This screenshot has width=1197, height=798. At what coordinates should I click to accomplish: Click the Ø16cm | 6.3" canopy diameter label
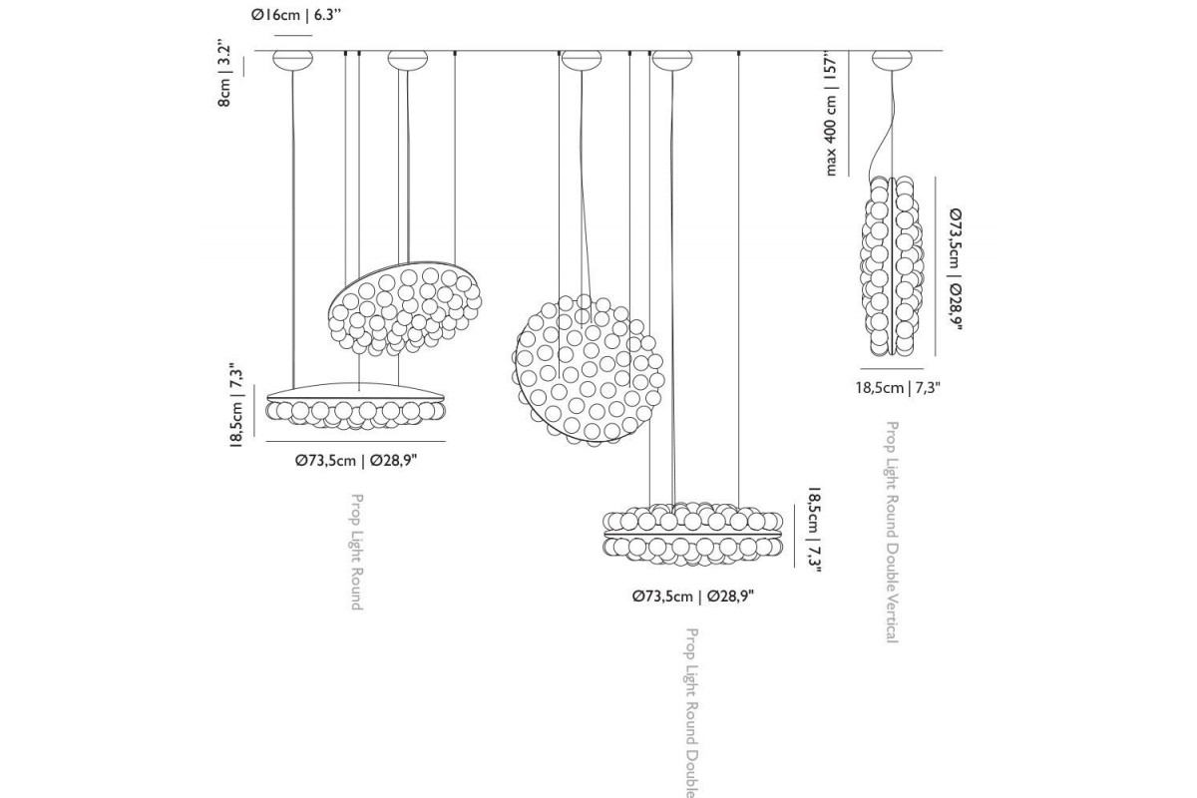click(x=296, y=15)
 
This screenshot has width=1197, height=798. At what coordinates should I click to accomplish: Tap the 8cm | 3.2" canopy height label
click(x=224, y=76)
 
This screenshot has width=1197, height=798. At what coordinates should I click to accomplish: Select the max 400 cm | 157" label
click(x=830, y=114)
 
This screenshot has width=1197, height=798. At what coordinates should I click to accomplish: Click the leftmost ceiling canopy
click(x=293, y=60)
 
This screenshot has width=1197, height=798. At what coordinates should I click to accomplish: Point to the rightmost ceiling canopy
click(x=892, y=60)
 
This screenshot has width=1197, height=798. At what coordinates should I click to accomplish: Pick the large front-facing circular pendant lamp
click(x=589, y=371)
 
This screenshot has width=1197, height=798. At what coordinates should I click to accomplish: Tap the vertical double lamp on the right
click(x=892, y=266)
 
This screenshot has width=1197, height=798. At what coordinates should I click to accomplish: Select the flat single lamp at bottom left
click(x=355, y=406)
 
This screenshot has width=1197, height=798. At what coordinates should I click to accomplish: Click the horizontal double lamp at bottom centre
click(x=693, y=534)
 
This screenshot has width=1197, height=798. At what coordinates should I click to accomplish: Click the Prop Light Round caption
click(x=357, y=552)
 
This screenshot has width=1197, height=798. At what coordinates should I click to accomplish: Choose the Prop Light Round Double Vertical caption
click(x=893, y=532)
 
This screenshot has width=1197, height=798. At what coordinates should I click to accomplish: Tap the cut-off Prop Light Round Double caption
click(x=691, y=713)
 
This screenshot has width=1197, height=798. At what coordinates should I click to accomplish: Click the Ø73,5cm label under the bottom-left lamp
click(x=356, y=460)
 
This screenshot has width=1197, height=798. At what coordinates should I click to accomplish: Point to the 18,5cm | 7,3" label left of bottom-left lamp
click(x=236, y=405)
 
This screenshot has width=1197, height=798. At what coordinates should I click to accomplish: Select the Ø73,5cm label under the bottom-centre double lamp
click(x=693, y=596)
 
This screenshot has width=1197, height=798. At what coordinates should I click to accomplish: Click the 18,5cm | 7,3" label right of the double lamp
click(x=814, y=530)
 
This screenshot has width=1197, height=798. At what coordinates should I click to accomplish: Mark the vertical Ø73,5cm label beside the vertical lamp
click(x=956, y=269)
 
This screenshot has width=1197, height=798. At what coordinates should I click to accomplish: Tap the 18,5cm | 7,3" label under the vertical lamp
click(x=898, y=387)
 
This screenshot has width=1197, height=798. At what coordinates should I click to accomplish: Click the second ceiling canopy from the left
click(x=408, y=60)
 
